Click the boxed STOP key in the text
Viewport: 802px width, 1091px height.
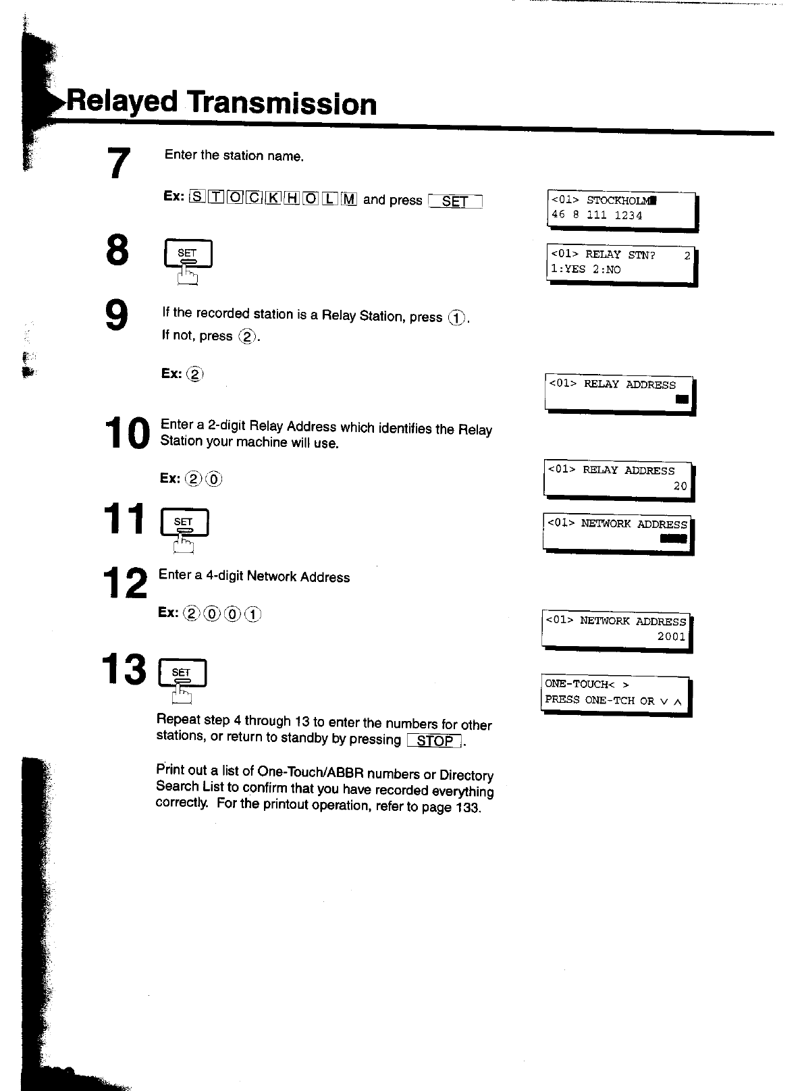click(435, 741)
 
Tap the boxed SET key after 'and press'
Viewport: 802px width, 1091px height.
click(455, 201)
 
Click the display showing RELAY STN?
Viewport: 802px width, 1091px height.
click(620, 262)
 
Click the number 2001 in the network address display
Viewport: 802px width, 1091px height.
click(672, 637)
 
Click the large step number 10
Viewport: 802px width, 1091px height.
click(127, 433)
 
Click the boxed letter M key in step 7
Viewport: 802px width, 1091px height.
click(349, 198)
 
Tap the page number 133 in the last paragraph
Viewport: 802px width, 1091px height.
click(467, 807)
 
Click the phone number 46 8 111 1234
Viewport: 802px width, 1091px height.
click(597, 215)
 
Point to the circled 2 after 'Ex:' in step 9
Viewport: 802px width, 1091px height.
click(195, 373)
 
